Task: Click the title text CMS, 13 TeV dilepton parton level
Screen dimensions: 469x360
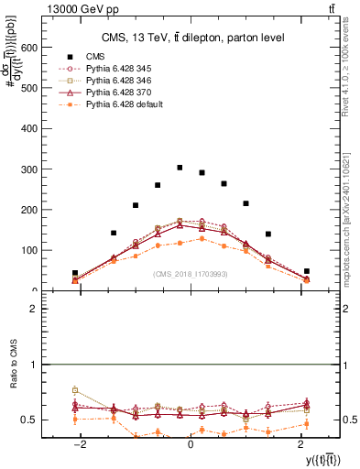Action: tap(192, 38)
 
